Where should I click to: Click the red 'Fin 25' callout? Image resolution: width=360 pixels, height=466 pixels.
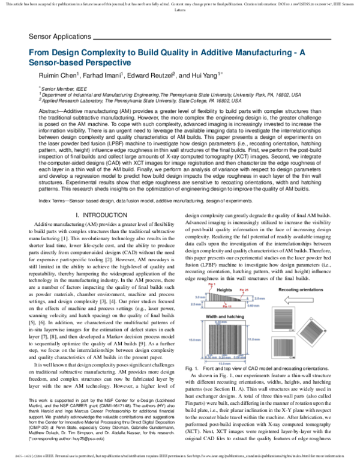244,289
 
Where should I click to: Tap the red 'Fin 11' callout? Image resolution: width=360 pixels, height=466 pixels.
226,307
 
